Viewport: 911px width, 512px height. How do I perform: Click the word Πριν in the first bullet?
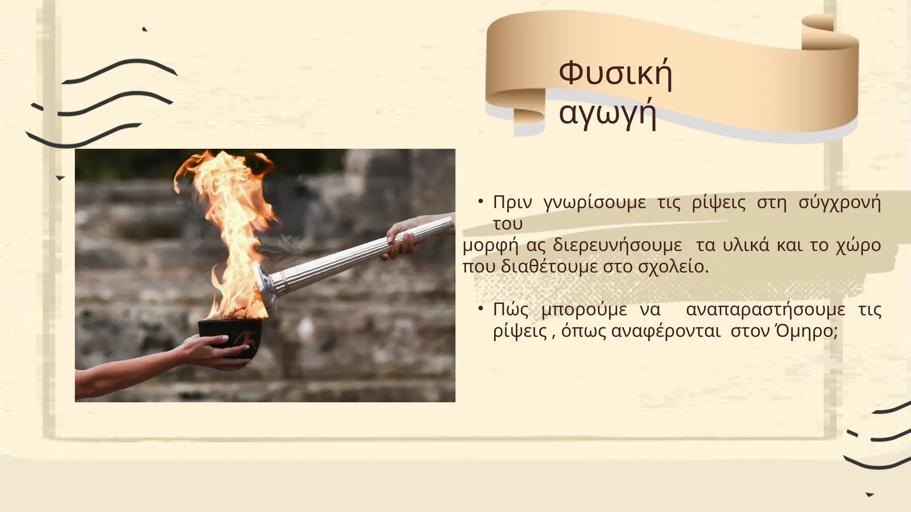[x=512, y=203]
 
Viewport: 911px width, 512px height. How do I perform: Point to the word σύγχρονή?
[x=840, y=203]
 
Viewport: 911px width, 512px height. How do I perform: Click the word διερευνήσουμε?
[x=617, y=245]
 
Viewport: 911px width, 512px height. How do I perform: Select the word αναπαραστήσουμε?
[x=765, y=310]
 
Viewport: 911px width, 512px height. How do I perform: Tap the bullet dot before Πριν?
[x=481, y=202]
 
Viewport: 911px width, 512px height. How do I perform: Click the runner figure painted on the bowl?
[x=244, y=339]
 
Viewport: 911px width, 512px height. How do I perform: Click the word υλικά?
[x=746, y=245]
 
